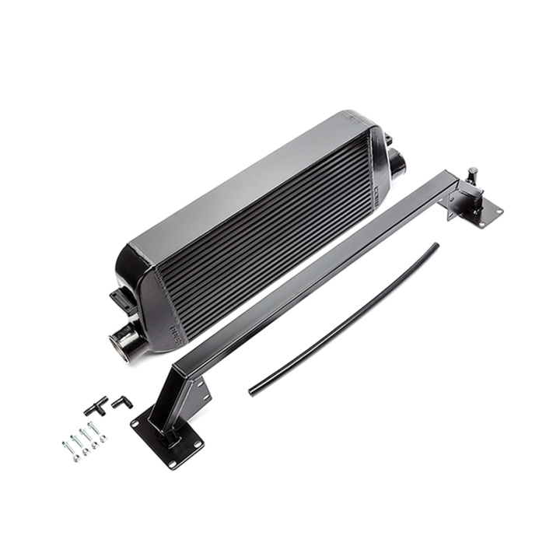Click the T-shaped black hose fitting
pos(96,405)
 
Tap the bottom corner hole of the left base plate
pos(172,465)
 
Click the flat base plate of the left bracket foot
pos(167,439)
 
